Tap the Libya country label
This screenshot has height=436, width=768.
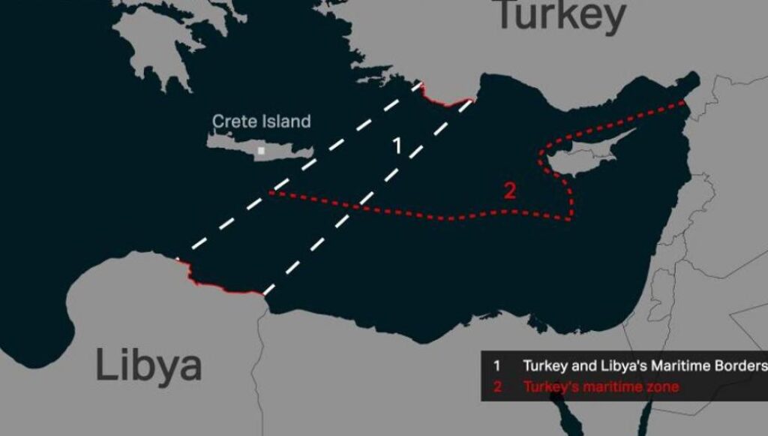tap(148, 365)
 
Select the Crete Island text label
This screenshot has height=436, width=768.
tap(261, 121)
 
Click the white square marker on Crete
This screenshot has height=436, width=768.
tap(261, 151)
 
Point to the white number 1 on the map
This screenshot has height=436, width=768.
tap(398, 146)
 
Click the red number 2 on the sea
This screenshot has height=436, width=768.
tap(510, 191)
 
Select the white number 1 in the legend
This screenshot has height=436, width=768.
tap(496, 366)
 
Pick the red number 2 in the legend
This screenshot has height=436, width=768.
tap(496, 387)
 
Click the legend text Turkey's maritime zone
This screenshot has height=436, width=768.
tap(601, 387)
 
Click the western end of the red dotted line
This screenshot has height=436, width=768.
tap(271, 193)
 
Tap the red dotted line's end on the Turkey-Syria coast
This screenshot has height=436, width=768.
tap(684, 101)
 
